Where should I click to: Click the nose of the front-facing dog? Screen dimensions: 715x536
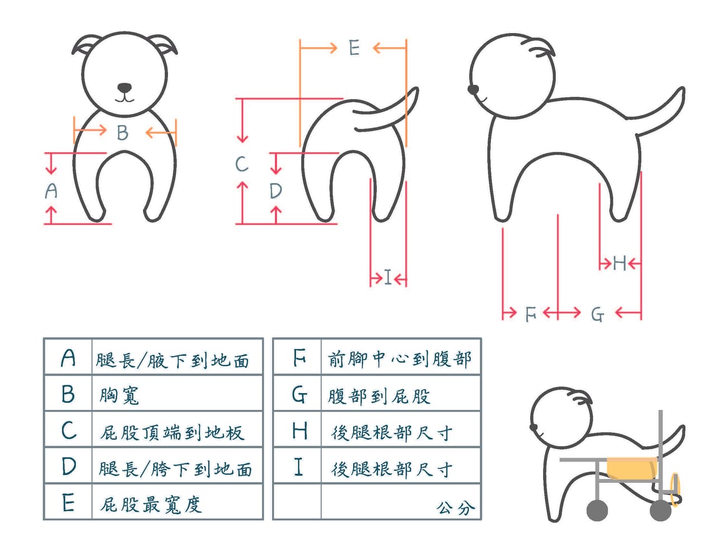click(124, 87)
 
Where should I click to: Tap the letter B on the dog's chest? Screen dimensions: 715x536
click(122, 132)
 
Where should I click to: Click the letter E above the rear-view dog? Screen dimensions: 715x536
click(354, 47)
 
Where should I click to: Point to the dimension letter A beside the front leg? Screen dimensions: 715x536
click(51, 190)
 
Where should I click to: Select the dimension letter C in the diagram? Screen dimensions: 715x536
click(242, 164)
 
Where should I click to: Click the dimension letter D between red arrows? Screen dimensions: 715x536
click(275, 191)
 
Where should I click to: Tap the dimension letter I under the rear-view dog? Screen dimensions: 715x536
click(388, 277)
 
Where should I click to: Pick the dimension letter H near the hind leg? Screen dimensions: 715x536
click(619, 263)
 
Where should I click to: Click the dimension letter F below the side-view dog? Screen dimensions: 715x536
click(530, 314)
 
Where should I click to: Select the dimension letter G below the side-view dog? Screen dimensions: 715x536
click(598, 314)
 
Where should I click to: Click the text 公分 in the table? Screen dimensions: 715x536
click(456, 508)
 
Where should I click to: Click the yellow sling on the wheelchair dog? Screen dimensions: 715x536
click(631, 468)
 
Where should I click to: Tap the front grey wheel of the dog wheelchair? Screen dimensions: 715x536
click(597, 510)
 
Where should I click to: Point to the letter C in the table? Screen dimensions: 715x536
click(69, 430)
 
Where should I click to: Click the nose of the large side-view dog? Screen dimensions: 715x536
click(473, 89)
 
